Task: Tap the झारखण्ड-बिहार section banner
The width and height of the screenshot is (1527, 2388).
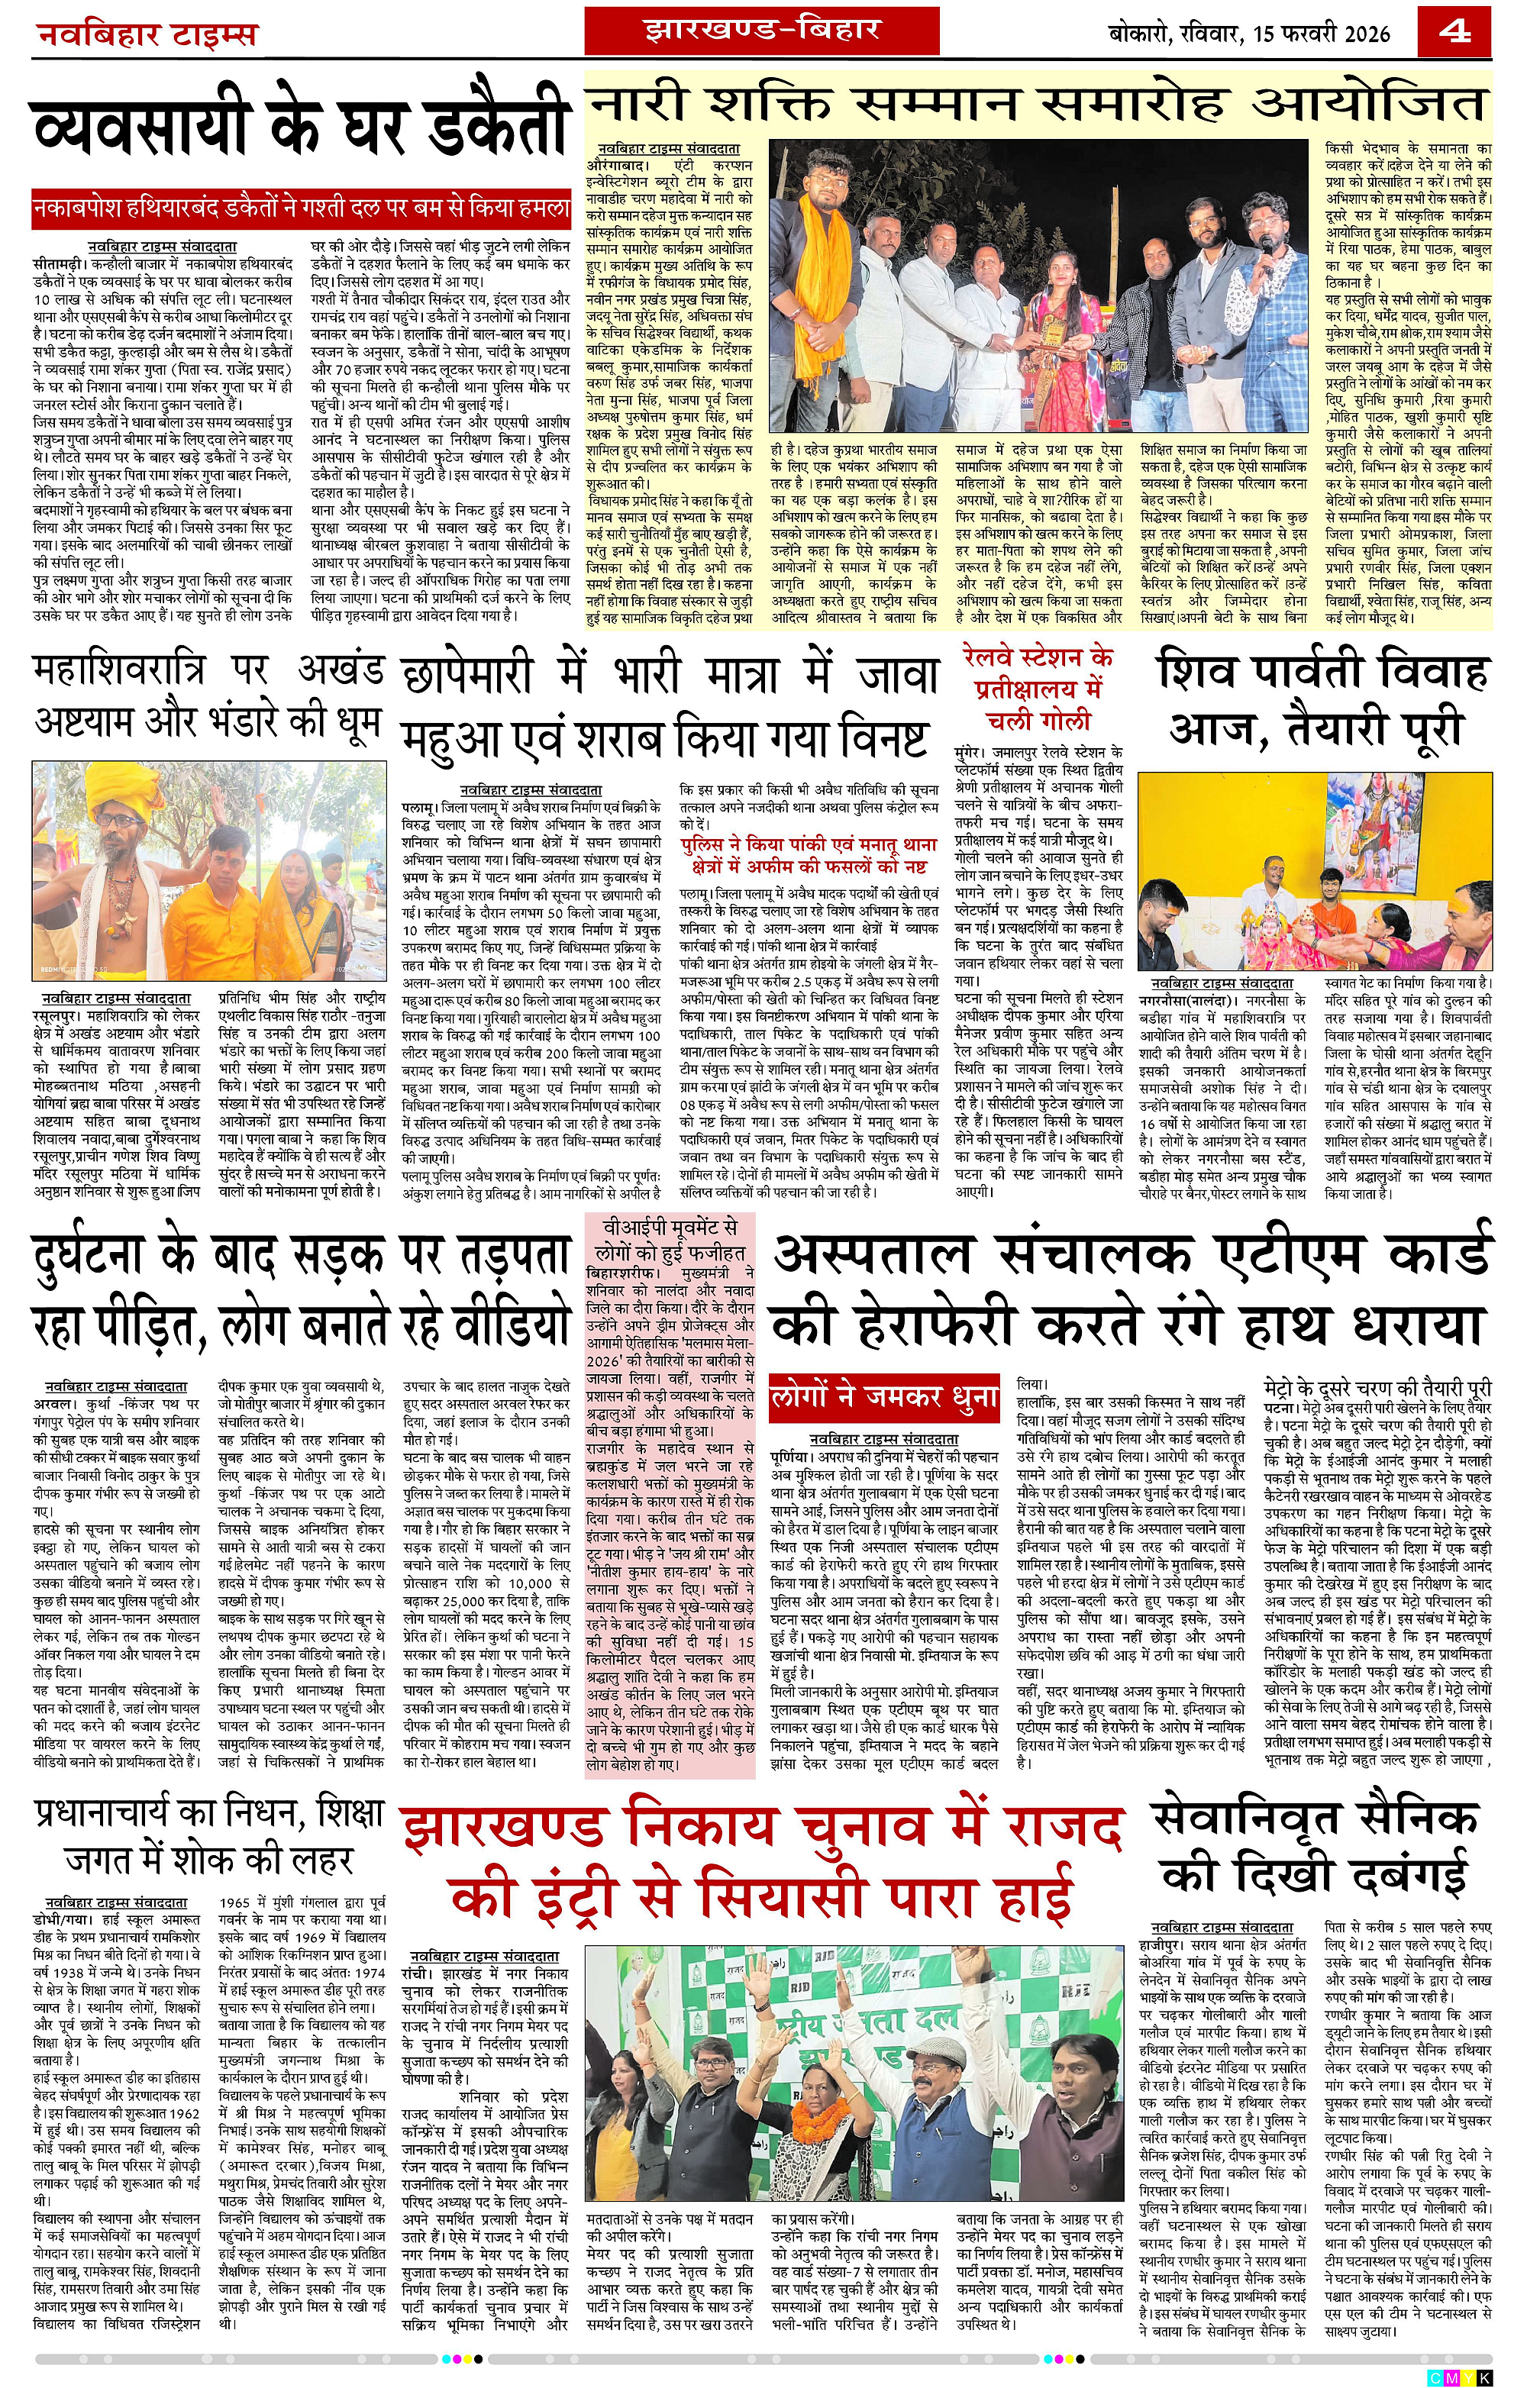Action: (x=761, y=30)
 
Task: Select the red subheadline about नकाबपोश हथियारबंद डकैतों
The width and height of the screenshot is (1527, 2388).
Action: (x=302, y=208)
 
